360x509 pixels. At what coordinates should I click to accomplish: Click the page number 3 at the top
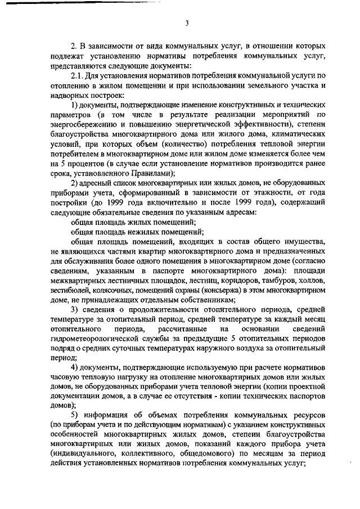point(187,23)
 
